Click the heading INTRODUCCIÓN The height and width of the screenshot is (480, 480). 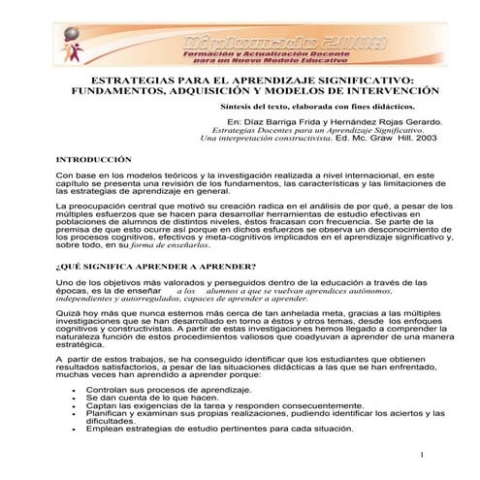click(93, 158)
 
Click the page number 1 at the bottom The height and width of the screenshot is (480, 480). click(424, 456)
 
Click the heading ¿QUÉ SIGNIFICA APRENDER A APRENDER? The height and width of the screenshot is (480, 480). click(156, 265)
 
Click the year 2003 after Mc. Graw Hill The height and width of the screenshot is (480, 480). click(423, 138)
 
